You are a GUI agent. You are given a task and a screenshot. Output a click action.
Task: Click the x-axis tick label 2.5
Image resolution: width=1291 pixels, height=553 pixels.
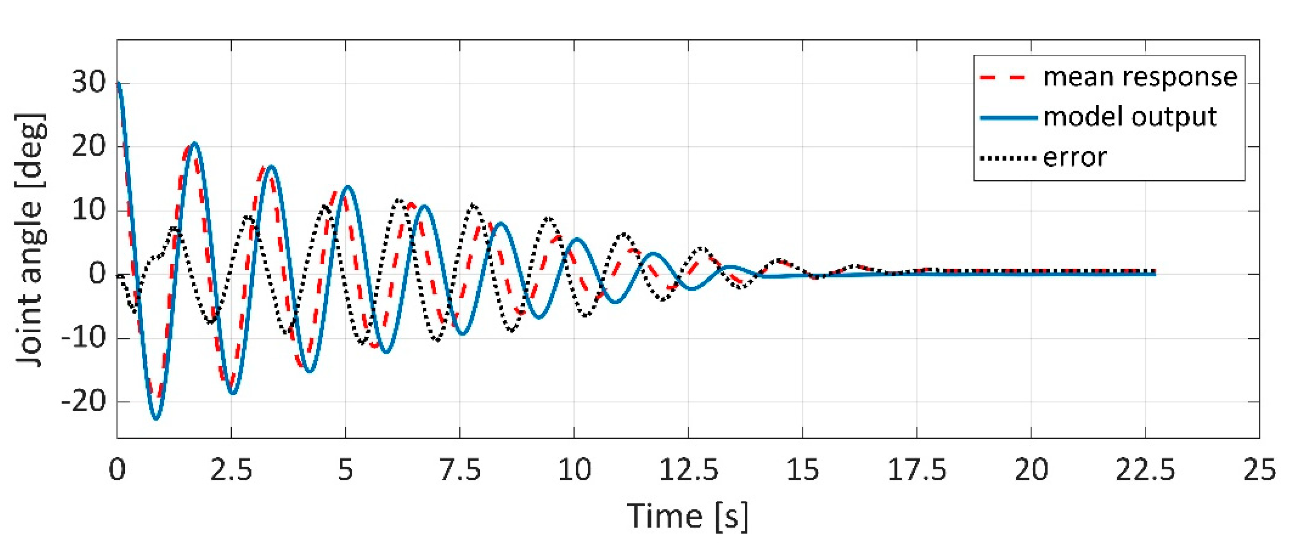pos(231,471)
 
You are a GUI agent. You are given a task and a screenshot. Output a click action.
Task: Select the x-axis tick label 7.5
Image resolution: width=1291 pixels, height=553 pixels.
pos(460,471)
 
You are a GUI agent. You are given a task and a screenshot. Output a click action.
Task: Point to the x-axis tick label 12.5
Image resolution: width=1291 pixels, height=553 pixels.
pos(688,471)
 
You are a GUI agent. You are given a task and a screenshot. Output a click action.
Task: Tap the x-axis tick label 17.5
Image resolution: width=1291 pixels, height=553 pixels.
pos(916,471)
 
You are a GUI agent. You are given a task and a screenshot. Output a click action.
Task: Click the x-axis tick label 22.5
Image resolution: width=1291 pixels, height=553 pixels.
pos(1145,471)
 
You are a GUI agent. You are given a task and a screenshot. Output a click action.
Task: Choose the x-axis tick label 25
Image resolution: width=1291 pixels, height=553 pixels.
pos(1259,471)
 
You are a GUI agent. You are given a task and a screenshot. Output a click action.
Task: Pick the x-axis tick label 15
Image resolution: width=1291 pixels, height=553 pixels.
pos(802,471)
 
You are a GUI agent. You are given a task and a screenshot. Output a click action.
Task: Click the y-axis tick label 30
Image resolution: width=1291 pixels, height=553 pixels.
pos(89,83)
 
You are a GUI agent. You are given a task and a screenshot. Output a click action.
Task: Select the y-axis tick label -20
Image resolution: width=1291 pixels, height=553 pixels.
pos(84,401)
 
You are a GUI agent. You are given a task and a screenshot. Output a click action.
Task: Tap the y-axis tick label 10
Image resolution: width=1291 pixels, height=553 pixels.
pos(89,210)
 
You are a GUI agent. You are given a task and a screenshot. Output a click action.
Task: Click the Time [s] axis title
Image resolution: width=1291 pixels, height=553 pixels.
pos(688,516)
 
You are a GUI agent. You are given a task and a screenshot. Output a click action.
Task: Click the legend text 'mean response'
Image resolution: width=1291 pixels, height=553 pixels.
pos(1140,78)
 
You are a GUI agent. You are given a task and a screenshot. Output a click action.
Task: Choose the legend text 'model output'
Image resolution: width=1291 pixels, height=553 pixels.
pos(1130,117)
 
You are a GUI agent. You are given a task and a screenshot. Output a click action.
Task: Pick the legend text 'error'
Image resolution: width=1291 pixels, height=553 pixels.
pos(1075,158)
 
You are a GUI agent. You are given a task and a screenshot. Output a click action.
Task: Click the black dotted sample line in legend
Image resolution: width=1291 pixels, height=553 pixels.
pos(1008,158)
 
